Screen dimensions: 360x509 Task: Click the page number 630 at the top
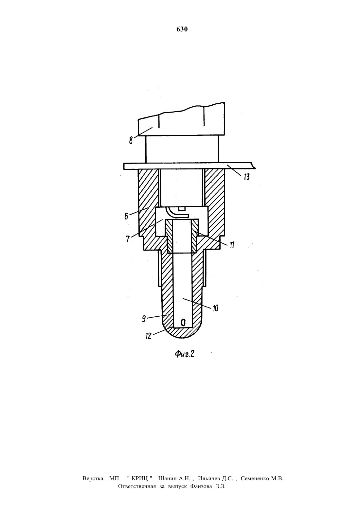pyautogui.click(x=182, y=29)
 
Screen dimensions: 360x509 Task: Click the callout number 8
pyautogui.click(x=131, y=141)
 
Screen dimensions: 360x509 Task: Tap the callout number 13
pyautogui.click(x=246, y=177)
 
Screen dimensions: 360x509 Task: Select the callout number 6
pyautogui.click(x=126, y=216)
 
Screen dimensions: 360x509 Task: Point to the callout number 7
pyautogui.click(x=128, y=239)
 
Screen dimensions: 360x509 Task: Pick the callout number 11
pyautogui.click(x=232, y=245)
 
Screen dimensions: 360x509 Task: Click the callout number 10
pyautogui.click(x=215, y=308)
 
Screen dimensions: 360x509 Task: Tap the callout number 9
pyautogui.click(x=144, y=319)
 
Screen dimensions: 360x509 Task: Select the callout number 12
pyautogui.click(x=148, y=336)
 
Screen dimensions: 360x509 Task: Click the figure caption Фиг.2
pyautogui.click(x=185, y=354)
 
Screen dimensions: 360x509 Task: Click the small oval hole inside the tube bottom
pyautogui.click(x=183, y=323)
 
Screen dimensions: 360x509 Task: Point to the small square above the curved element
pyautogui.click(x=181, y=209)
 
